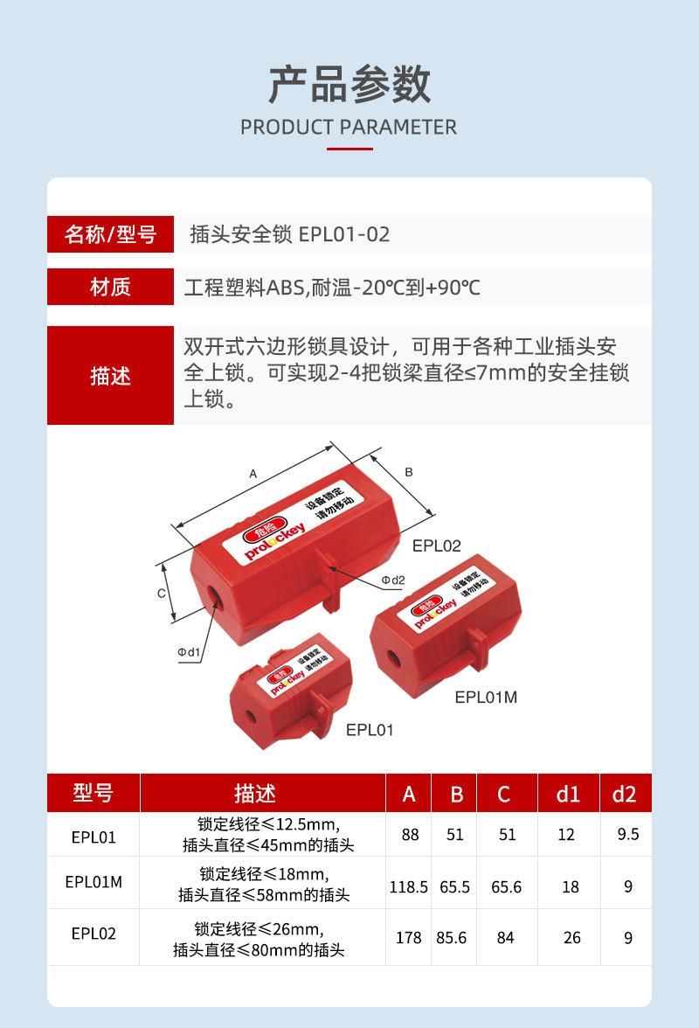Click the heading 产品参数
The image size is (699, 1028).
point(349,85)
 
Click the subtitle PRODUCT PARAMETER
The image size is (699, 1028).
point(349,127)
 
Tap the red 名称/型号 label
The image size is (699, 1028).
point(110,234)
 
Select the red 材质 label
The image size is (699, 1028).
point(110,287)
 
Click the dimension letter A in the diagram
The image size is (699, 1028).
point(253,473)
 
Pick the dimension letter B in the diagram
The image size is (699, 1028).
point(408,472)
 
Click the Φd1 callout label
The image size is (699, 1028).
point(190,651)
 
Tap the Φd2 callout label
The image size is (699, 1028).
point(393,580)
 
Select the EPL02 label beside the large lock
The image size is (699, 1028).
point(436,546)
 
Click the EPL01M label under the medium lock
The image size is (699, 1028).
point(486,697)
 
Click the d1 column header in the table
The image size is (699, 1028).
point(568,794)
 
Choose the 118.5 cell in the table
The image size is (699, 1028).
point(408,886)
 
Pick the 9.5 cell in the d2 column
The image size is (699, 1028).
point(627,834)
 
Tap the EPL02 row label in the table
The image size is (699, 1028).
point(93,934)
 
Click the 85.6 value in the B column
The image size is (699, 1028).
point(452,937)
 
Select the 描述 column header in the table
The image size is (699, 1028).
point(255,794)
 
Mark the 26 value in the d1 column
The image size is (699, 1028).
point(571,937)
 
